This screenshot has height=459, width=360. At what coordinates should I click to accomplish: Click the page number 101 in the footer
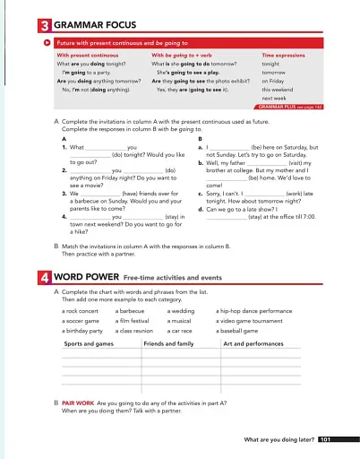pos(325,440)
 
